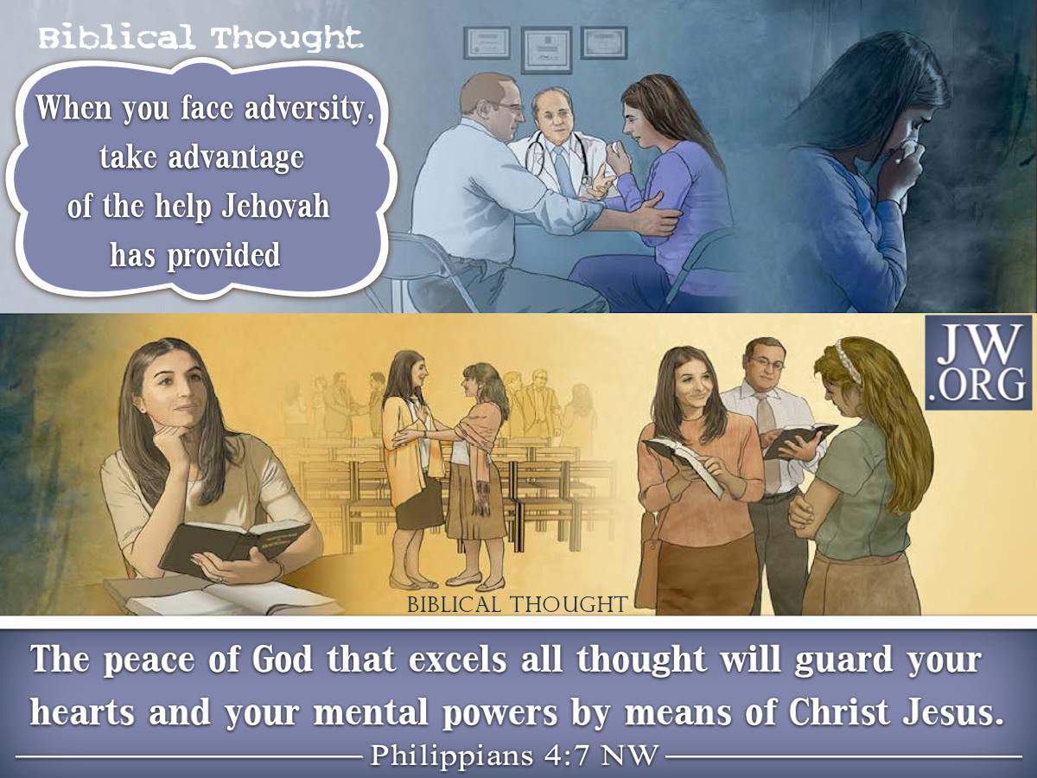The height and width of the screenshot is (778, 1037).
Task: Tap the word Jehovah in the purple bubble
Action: tap(276, 207)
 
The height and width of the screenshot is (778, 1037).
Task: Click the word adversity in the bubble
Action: tap(310, 109)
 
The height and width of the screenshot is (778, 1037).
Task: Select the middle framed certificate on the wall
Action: tap(547, 50)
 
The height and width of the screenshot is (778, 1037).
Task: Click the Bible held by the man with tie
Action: tap(798, 439)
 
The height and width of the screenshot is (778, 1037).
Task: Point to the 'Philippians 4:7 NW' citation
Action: tap(513, 756)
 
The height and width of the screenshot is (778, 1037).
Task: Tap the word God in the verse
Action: tap(282, 659)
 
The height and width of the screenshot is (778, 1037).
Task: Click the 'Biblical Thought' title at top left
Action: tap(200, 38)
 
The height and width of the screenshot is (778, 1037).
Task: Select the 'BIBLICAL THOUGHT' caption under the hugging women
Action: tap(518, 604)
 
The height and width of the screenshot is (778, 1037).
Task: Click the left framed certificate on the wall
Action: tap(487, 42)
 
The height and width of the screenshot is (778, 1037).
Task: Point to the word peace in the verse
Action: tap(148, 660)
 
